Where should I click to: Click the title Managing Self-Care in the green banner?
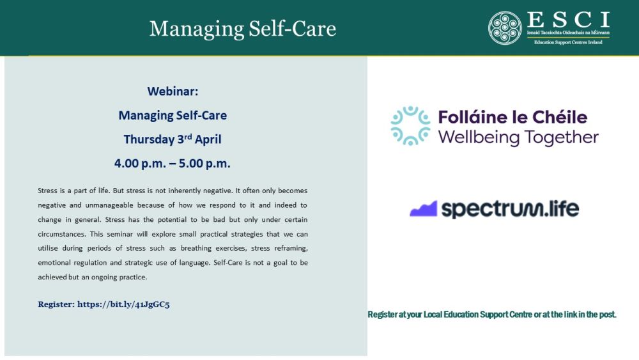[x=242, y=29]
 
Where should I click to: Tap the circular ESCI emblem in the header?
[x=505, y=28]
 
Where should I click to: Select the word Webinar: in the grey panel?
[x=173, y=91]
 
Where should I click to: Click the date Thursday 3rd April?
[x=173, y=139]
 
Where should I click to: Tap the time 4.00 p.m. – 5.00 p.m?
[x=173, y=163]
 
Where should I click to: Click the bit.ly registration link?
[x=123, y=304]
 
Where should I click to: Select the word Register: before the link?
[x=56, y=304]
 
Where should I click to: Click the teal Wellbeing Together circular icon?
[x=410, y=126]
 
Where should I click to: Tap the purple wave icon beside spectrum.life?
[x=423, y=209]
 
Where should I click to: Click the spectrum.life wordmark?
[x=510, y=209]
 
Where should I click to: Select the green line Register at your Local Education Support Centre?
[x=491, y=315]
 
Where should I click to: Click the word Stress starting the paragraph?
[x=48, y=191]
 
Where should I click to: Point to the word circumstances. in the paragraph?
[x=61, y=234]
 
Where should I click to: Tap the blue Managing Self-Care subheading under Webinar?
[x=173, y=116]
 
